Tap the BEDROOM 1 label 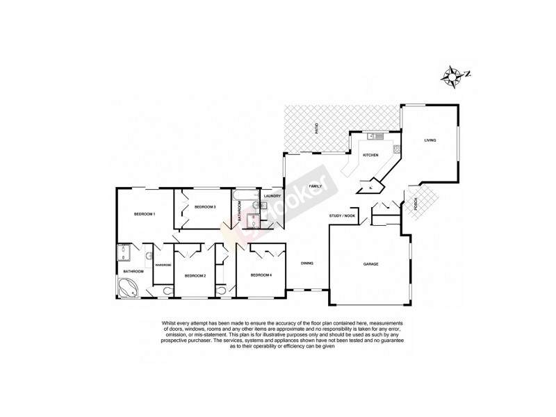tap(144, 214)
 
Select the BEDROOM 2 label tap(195, 276)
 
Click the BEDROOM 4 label tap(261, 275)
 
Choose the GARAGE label tap(370, 265)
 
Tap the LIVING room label tap(430, 141)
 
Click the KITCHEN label tap(370, 155)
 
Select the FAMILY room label tap(315, 187)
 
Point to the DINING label tap(306, 263)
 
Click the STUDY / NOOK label tap(341, 218)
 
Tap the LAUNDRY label tap(272, 196)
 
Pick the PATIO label tap(317, 129)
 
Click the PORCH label tap(416, 204)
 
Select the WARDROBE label tap(163, 265)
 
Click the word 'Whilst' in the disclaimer tap(170, 324)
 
